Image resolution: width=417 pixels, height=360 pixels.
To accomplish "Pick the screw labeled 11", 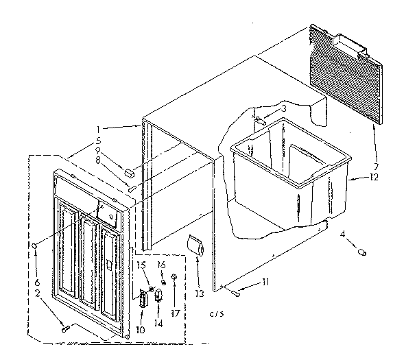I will [237, 294].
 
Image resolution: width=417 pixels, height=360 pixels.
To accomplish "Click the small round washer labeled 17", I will [175, 278].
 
